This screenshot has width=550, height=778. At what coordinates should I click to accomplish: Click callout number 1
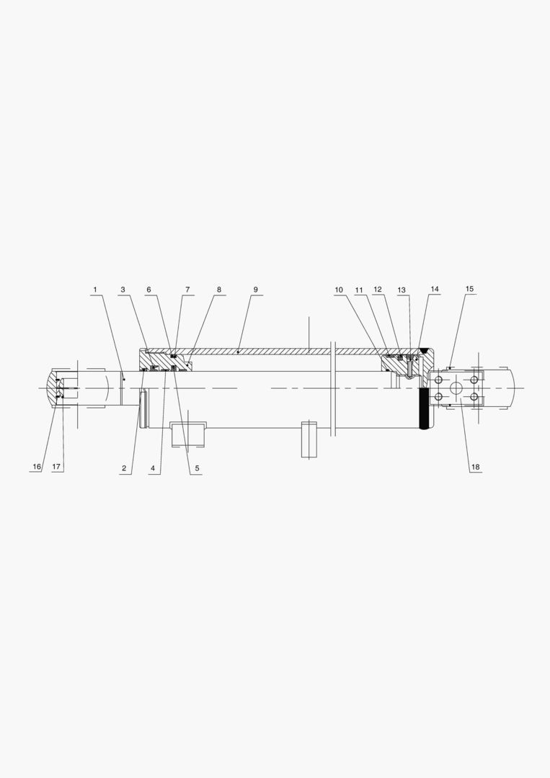click(95, 290)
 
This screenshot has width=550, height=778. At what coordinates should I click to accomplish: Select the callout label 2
click(124, 468)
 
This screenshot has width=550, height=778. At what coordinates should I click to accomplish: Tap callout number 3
click(123, 290)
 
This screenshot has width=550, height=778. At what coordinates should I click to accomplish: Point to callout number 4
click(153, 468)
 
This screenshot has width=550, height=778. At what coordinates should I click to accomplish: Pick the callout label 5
click(197, 468)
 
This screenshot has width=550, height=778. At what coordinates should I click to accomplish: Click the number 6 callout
click(148, 290)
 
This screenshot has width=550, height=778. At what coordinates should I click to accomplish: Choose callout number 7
click(187, 290)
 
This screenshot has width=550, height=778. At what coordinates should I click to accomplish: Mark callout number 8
click(219, 290)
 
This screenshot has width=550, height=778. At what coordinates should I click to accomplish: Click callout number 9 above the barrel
click(256, 290)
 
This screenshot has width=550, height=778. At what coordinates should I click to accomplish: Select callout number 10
click(339, 290)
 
